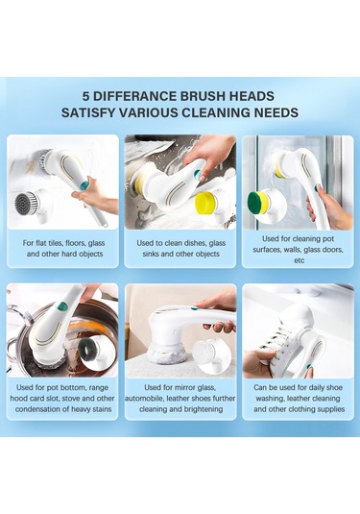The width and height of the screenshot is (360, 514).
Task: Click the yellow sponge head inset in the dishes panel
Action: click(x=205, y=203)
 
